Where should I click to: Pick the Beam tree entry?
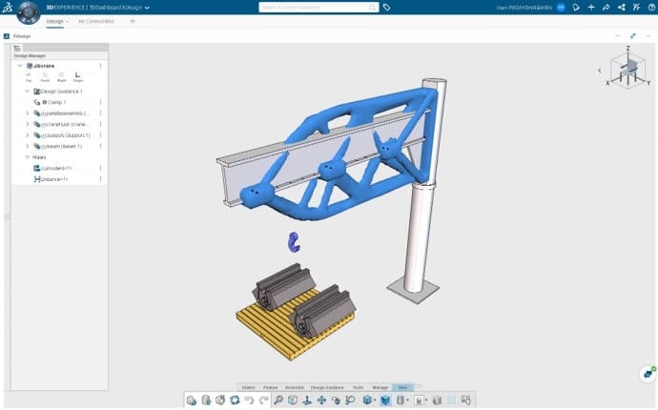63,147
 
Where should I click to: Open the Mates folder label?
40,157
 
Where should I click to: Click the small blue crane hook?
294,244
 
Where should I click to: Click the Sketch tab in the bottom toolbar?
247,388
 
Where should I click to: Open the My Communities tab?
96,20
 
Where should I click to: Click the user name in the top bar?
521,7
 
